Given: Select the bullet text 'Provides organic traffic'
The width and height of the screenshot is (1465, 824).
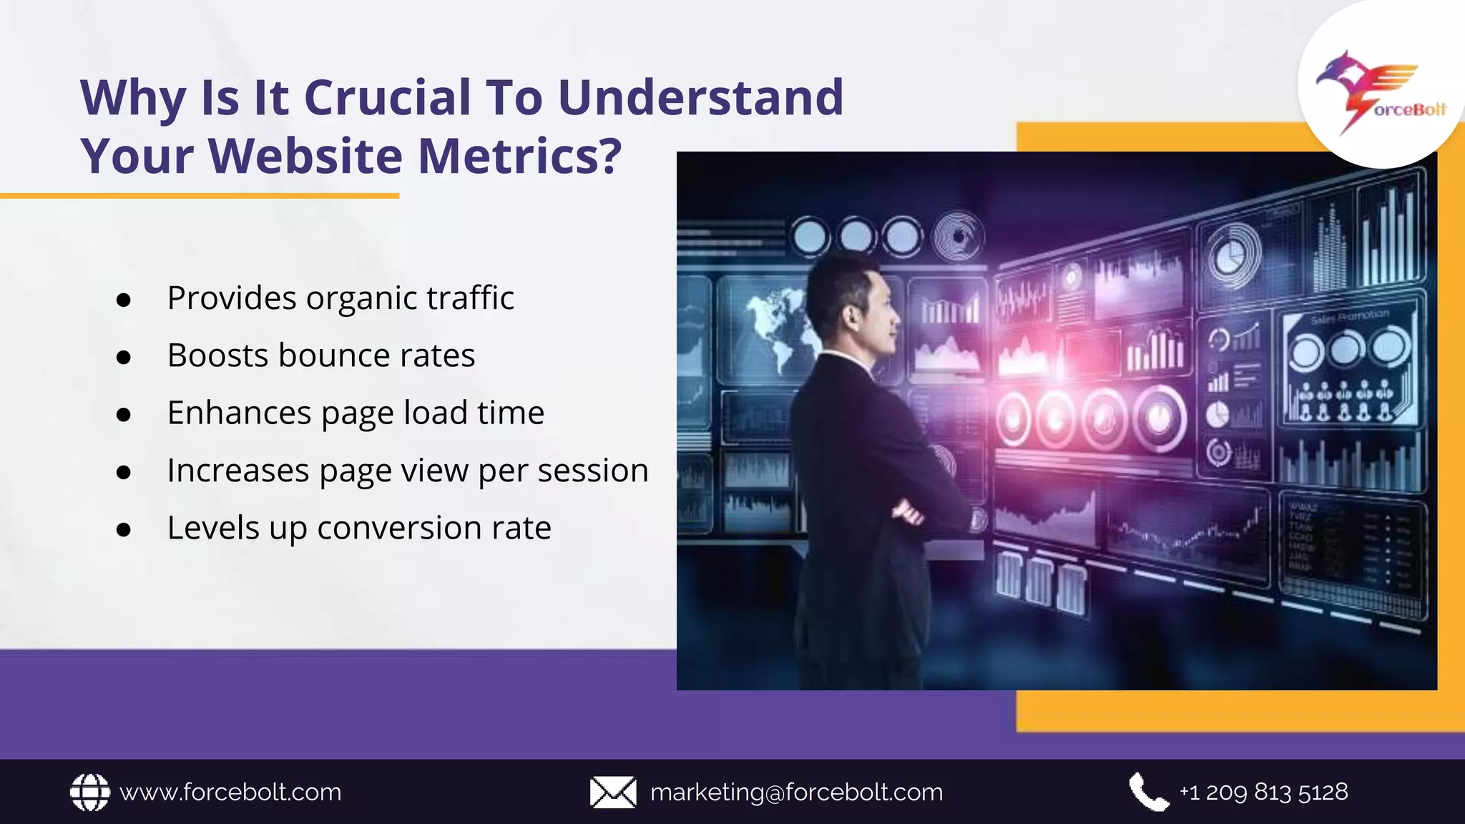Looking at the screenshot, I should click(340, 298).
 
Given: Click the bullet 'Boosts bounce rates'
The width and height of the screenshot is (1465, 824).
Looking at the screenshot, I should click(321, 355).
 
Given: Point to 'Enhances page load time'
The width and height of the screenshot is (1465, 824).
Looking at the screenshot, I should click(356, 413).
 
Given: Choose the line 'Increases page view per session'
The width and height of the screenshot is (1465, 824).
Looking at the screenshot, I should click(408, 471).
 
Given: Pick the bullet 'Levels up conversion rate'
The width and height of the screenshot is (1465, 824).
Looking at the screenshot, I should click(359, 528).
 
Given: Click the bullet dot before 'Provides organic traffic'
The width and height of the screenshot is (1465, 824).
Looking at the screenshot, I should click(124, 300).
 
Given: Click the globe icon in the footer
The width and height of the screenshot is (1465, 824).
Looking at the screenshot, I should click(90, 793).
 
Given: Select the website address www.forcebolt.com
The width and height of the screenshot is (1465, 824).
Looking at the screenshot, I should click(230, 793).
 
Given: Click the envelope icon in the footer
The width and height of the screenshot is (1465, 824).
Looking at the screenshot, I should click(613, 793).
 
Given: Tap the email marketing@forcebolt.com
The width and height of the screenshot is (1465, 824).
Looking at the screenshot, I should click(796, 793).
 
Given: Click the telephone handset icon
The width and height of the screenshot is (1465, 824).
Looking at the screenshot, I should click(1148, 792).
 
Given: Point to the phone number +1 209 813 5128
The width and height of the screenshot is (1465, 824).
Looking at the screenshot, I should click(1263, 792).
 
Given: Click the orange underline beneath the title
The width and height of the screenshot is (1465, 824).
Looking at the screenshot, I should click(200, 195).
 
